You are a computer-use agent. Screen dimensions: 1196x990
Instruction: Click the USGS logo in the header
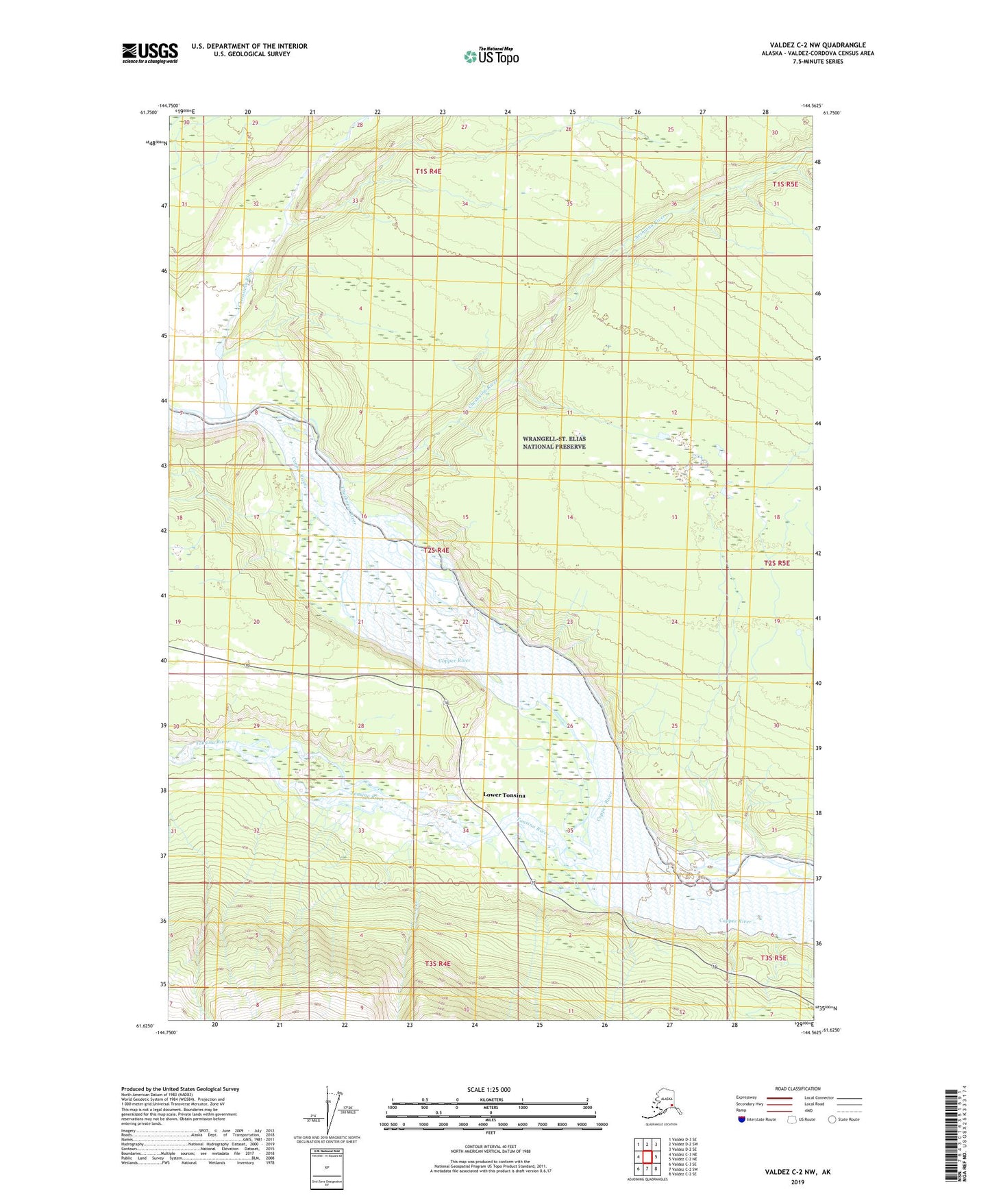pyautogui.click(x=149, y=53)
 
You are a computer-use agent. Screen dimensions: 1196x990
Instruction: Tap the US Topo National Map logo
pyautogui.click(x=491, y=56)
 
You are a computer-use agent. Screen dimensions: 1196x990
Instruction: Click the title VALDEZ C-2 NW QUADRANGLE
pyautogui.click(x=817, y=45)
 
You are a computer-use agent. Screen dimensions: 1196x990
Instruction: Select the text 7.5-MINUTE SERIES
pyautogui.click(x=817, y=62)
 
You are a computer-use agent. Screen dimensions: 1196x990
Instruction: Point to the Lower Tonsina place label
pyautogui.click(x=504, y=795)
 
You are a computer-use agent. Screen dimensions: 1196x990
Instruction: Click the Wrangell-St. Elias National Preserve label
pyautogui.click(x=554, y=443)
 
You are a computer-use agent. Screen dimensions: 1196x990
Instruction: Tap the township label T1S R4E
pyautogui.click(x=428, y=171)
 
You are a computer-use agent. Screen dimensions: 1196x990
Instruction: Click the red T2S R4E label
pyautogui.click(x=436, y=550)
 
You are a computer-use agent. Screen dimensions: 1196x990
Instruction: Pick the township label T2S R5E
pyautogui.click(x=776, y=563)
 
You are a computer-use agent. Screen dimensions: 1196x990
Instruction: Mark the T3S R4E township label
pyautogui.click(x=438, y=963)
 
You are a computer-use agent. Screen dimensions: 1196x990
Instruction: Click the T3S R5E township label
pyautogui.click(x=774, y=958)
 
